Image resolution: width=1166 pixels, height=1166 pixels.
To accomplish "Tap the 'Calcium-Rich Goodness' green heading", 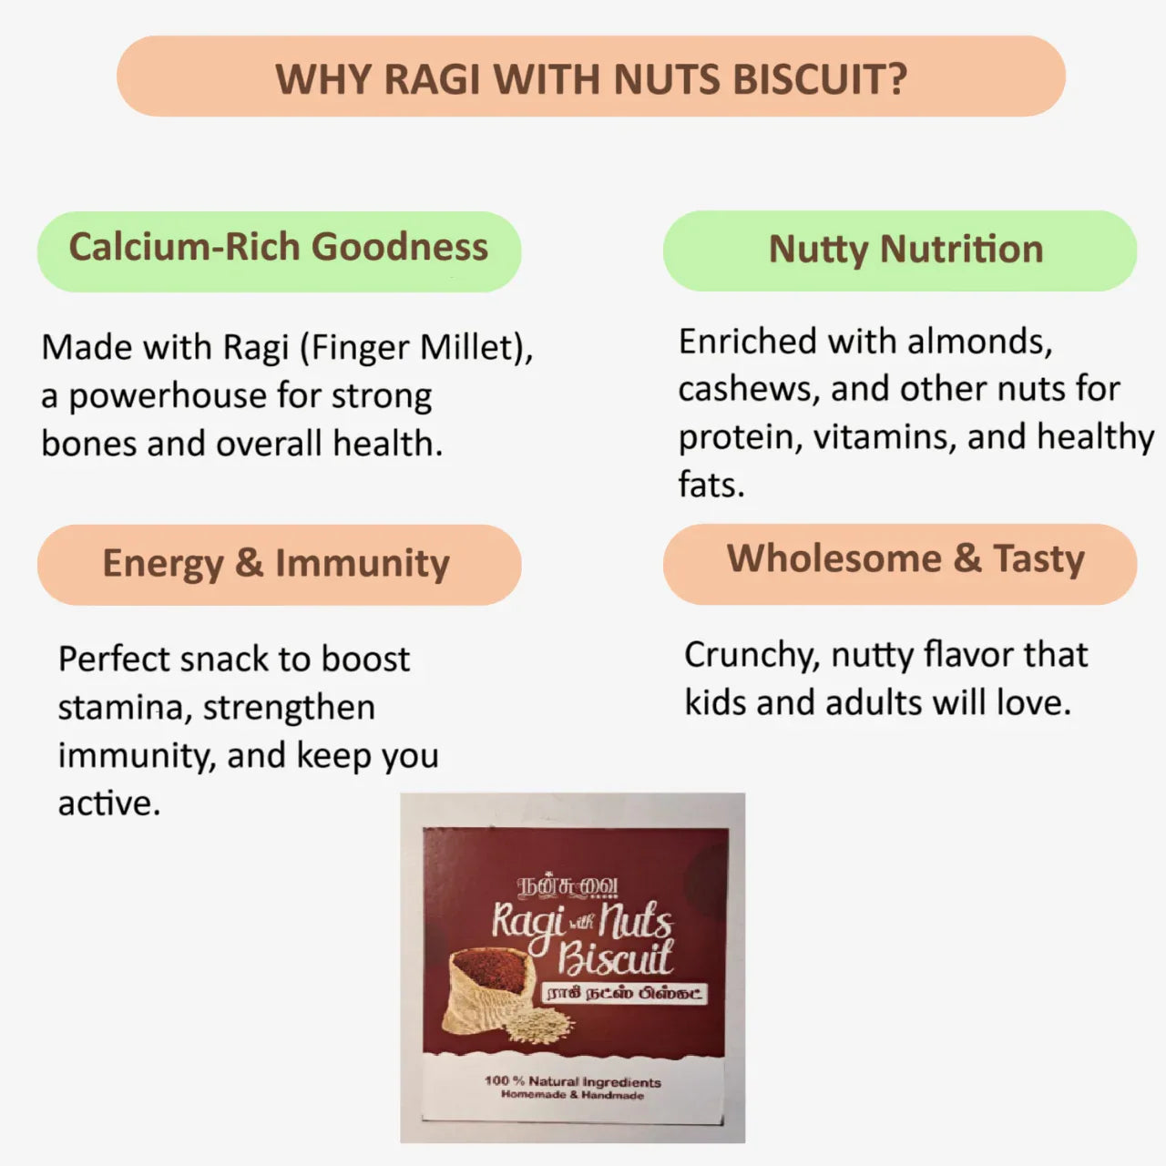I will pos(279,248).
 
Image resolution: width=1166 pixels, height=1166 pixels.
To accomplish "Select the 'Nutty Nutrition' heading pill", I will pos(905,250).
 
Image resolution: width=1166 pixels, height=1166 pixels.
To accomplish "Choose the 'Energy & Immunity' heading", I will pos(276,564).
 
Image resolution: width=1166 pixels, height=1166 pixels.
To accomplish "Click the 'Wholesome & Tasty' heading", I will pos(905,559).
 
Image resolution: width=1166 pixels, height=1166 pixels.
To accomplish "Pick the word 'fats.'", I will pos(711,485).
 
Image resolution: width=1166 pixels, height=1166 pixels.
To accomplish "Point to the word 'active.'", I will pos(108,803).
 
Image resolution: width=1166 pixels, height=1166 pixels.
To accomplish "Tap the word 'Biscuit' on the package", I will pos(615,958).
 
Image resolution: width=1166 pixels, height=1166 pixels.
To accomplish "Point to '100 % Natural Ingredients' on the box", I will pos(573,1081).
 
